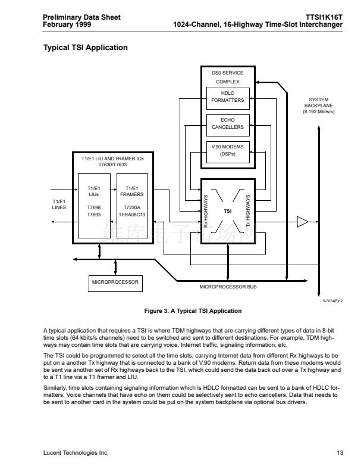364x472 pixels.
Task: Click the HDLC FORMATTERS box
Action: [x=228, y=97]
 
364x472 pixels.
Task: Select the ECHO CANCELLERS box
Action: [x=228, y=123]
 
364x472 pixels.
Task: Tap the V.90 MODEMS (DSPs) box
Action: [x=228, y=150]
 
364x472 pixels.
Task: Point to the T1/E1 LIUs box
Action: [x=94, y=200]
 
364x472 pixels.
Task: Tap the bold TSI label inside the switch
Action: [x=227, y=211]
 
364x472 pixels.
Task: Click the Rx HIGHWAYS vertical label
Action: [x=206, y=212]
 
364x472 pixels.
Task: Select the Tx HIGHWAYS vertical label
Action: [x=248, y=212]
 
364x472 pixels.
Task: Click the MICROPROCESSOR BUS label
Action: [x=228, y=287]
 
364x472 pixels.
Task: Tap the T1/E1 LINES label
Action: [x=59, y=204]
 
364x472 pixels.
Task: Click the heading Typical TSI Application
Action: [x=86, y=47]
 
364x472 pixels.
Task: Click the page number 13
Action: [x=340, y=453]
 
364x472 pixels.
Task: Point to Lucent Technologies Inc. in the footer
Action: [x=76, y=453]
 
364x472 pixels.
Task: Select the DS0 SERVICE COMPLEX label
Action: [x=228, y=77]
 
